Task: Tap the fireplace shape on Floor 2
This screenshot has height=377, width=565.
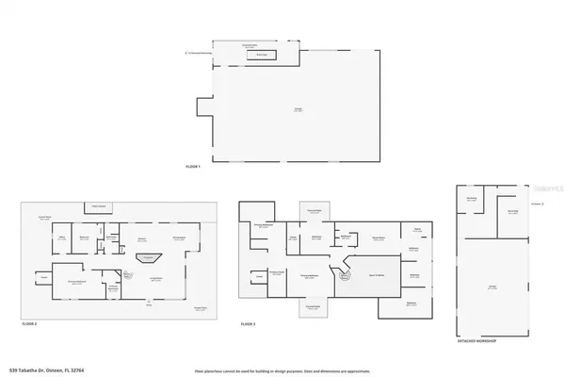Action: point(145,256)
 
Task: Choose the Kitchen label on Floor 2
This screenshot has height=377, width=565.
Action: point(143,238)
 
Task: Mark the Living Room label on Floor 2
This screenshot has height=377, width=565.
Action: point(156,278)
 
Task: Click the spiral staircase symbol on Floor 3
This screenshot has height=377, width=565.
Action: point(345,276)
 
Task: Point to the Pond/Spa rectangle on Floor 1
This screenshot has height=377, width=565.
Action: point(255,56)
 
